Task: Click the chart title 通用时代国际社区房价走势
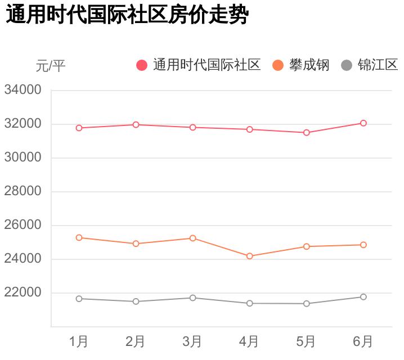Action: coord(127,15)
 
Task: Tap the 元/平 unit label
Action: coord(51,66)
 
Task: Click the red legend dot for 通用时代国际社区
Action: coord(142,65)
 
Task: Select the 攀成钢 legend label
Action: coord(309,65)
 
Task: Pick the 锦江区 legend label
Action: coord(378,65)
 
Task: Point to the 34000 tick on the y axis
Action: coord(23,90)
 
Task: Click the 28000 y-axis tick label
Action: coord(23,191)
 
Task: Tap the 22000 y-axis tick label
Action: coord(23,292)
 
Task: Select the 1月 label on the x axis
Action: coord(79,341)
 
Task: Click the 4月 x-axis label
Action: coord(249,341)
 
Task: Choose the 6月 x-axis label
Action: coord(363,341)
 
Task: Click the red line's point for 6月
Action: coord(363,123)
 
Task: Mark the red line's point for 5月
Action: coord(307,133)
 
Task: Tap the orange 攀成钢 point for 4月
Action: coord(250,256)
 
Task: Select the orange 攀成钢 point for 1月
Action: coord(79,237)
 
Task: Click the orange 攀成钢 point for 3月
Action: coord(193,238)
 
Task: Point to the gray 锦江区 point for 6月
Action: coord(363,296)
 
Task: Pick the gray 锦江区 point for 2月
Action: coord(136,301)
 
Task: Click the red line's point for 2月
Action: coord(136,124)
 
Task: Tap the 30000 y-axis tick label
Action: coord(23,157)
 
